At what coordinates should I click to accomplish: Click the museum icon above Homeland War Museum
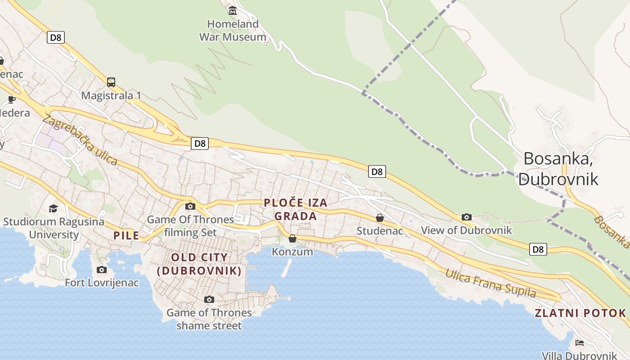point(233,10)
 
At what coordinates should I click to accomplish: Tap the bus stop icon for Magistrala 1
point(111,82)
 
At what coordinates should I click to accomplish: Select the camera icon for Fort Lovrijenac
point(102,270)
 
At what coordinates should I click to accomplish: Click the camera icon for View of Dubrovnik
point(467,217)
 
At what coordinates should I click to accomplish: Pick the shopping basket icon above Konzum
point(292,238)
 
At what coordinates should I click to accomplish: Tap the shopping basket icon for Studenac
point(380,218)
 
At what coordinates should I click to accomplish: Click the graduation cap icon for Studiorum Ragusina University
point(54,208)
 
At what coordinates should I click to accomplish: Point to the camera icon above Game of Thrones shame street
point(209,299)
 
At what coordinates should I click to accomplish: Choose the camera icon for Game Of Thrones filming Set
point(190,206)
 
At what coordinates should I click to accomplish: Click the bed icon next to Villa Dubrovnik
point(579,343)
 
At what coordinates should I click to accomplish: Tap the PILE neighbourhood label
point(126,235)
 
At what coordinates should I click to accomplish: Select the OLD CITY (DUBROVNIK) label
point(199,264)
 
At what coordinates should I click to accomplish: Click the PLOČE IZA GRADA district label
point(296,210)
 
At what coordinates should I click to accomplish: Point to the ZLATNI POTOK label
point(580,313)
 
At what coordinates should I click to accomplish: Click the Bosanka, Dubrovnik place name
point(558,169)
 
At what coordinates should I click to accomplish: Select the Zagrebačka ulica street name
point(80,140)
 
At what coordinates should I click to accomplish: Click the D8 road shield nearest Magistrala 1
point(56,37)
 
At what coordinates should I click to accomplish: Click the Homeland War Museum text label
point(233,31)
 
